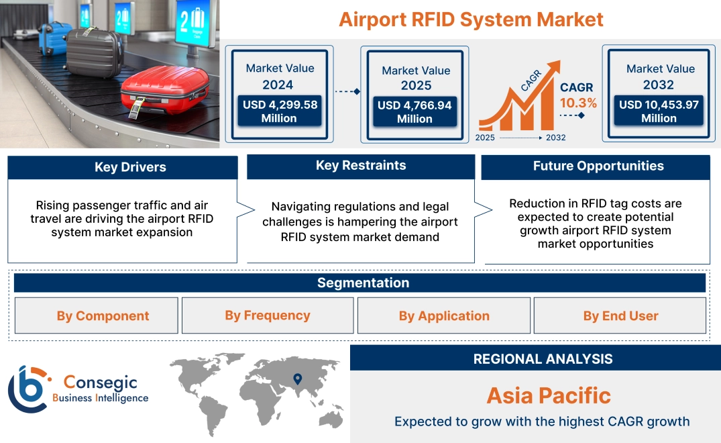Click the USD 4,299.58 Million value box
pyautogui.click(x=279, y=111)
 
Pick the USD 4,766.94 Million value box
pyautogui.click(x=414, y=112)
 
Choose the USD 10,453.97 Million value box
pyautogui.click(x=659, y=111)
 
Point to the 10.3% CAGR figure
pyautogui.click(x=578, y=103)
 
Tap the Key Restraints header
pyautogui.click(x=361, y=166)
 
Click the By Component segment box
pyautogui.click(x=103, y=316)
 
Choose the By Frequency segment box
pyautogui.click(x=268, y=315)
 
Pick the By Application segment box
pyautogui.click(x=444, y=316)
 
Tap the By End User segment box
pyautogui.click(x=620, y=316)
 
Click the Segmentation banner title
pyautogui.click(x=363, y=283)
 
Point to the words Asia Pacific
pyautogui.click(x=549, y=395)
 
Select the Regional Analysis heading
pyautogui.click(x=543, y=359)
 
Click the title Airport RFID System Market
pyautogui.click(x=471, y=19)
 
